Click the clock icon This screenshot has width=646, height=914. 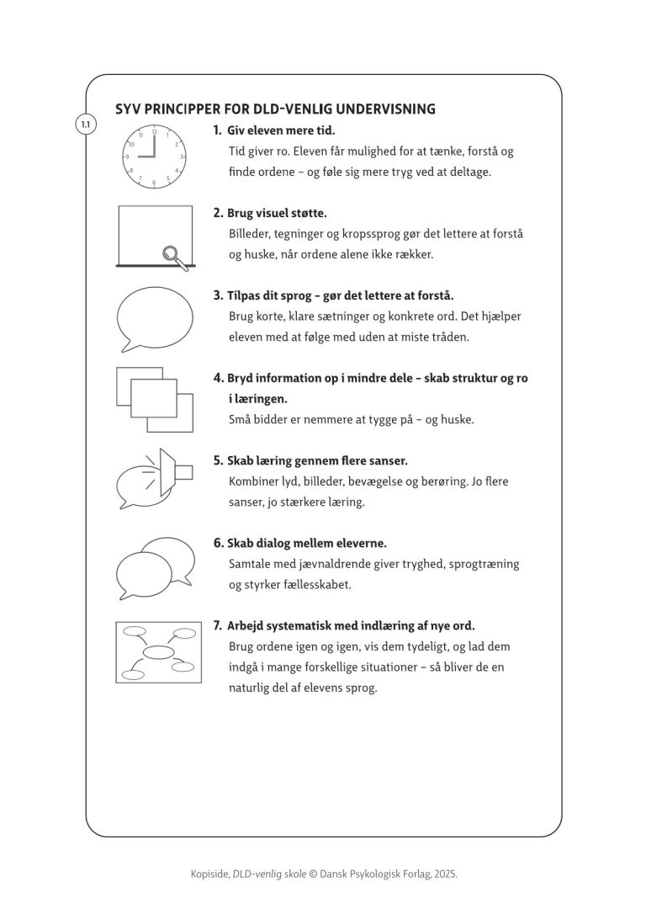(x=154, y=157)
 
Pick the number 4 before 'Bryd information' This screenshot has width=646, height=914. (x=217, y=379)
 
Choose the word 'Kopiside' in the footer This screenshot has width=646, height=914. (x=209, y=874)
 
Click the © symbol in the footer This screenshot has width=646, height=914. (x=313, y=874)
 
